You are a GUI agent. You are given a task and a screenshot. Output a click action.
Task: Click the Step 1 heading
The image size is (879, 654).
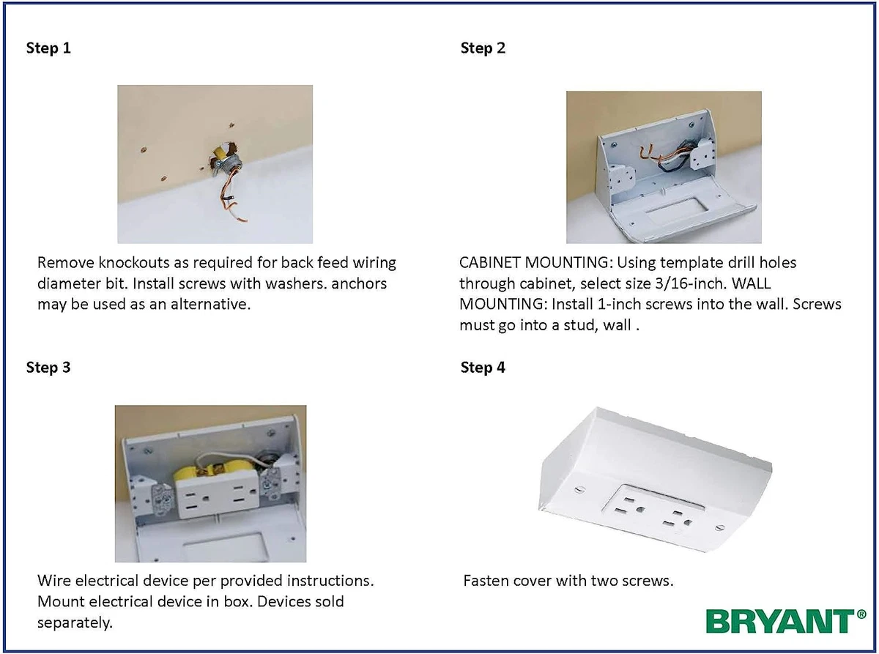pos(48,48)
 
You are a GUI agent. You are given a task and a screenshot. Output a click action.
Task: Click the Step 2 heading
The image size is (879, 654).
pos(483,48)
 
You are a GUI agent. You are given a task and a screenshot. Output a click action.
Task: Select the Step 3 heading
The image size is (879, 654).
pos(48,368)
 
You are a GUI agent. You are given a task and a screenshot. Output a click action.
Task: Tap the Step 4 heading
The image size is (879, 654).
pos(483,368)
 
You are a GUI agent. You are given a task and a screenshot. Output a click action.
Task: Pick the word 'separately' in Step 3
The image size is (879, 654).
pos(73,623)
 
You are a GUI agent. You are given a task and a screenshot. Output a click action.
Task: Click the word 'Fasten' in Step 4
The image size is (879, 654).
pos(485,581)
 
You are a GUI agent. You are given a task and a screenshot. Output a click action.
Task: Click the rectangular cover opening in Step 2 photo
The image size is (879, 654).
pos(677,213)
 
